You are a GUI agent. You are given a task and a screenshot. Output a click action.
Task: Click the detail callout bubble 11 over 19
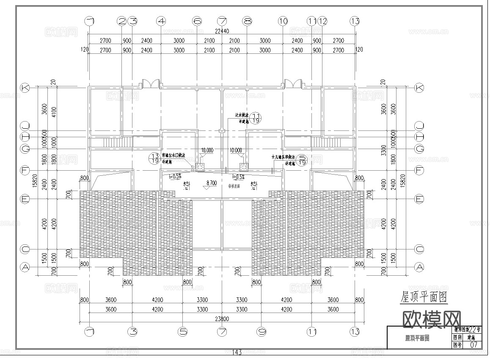point(256,118)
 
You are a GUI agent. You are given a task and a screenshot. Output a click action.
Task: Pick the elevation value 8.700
point(212,183)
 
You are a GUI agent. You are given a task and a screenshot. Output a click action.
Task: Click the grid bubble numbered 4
point(161,21)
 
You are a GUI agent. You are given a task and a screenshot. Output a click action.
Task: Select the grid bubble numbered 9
point(261,332)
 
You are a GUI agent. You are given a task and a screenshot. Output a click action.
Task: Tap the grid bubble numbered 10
point(283,21)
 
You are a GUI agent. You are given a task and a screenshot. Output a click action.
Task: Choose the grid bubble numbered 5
point(183,332)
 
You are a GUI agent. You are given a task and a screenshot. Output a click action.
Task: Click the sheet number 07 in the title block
point(473,345)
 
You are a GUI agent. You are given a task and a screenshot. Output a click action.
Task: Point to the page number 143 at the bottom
point(237,352)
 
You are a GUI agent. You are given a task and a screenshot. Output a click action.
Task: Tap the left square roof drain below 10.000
point(201,167)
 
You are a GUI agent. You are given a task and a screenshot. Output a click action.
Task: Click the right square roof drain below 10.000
point(243,167)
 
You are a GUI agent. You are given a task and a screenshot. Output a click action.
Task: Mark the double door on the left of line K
point(151,84)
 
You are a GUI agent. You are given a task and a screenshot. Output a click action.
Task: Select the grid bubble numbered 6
point(197,21)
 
